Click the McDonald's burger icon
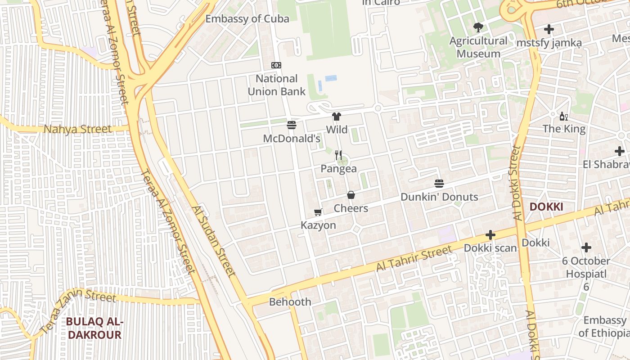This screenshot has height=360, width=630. tap(292, 125)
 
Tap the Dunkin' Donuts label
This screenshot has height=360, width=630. tap(439, 197)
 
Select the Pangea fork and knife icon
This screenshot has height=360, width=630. tap(339, 155)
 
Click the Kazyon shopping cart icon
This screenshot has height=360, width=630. tap(318, 212)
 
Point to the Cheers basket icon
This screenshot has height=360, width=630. tap(351, 195)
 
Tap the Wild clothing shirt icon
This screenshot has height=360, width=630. tap(337, 117)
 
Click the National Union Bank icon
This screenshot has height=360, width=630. tap(277, 65)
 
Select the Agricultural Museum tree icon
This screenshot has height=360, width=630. tap(478, 27)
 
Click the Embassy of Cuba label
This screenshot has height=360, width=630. tap(247, 18)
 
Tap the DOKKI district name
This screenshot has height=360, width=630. tap(546, 207)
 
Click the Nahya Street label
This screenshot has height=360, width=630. tap(77, 130)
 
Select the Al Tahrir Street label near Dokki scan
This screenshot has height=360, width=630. tap(413, 259)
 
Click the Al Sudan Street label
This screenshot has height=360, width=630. tap(213, 241)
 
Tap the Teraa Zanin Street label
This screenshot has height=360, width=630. tap(78, 311)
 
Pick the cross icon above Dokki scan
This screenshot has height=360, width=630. tap(490, 235)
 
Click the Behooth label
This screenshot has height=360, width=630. tap(290, 302)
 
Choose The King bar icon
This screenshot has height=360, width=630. tap(563, 117)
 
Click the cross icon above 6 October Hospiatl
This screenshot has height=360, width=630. tap(586, 247)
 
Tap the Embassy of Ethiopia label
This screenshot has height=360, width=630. tap(604, 327)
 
